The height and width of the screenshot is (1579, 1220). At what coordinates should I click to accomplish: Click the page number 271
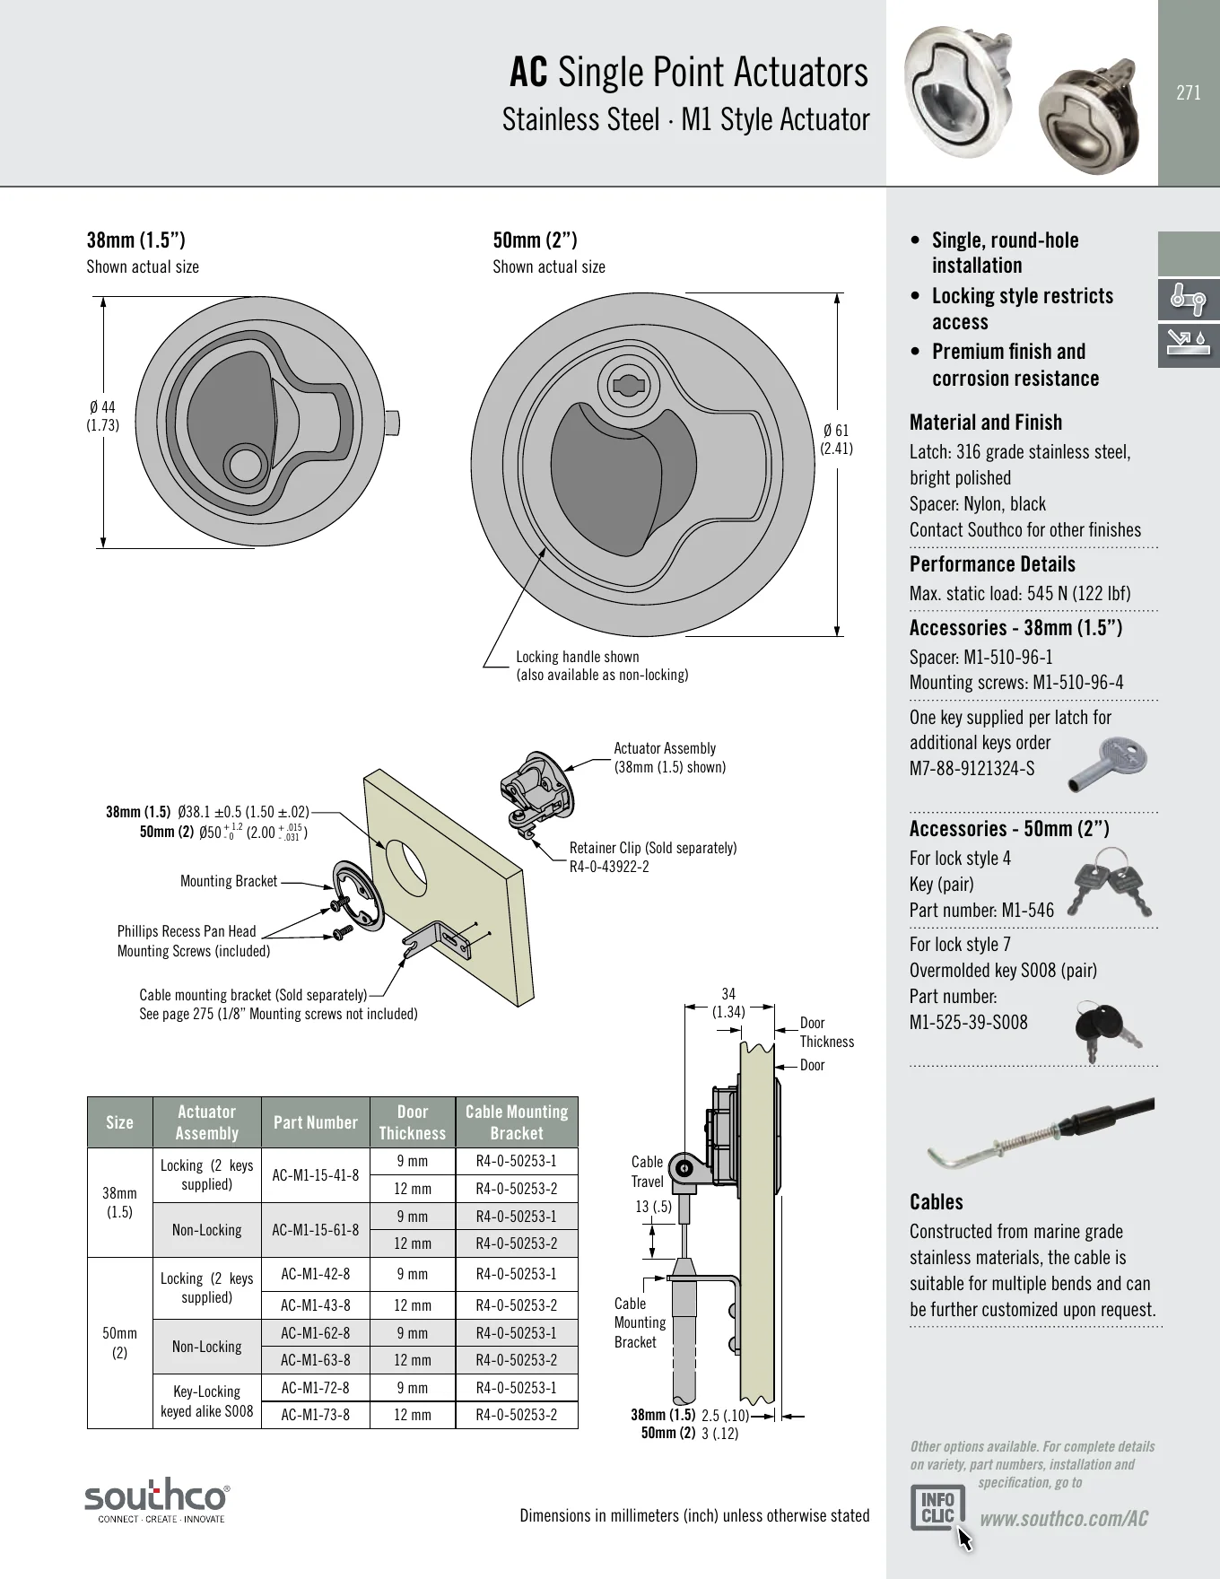1188,92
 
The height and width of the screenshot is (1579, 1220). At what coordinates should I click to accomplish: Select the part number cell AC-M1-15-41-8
316,1175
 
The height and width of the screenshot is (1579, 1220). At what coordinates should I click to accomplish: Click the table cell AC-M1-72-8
316,1388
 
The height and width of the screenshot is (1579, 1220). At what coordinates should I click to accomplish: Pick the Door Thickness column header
413,1122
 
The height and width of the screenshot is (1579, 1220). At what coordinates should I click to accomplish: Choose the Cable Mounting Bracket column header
517,1122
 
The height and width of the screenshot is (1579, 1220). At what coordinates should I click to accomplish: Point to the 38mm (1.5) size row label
119,1202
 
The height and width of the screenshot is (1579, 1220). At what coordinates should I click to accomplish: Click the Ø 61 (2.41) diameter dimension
836,440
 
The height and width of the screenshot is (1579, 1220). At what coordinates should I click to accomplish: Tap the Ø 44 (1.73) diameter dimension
102,417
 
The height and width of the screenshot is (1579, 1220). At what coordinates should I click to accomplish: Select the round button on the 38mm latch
243,465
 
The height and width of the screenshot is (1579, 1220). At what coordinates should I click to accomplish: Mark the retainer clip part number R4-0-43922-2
609,868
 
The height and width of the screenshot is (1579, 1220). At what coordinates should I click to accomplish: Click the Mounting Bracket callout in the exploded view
229,881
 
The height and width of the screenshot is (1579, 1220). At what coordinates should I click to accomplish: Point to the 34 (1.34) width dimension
728,1002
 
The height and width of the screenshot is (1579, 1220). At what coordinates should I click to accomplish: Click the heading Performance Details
992,564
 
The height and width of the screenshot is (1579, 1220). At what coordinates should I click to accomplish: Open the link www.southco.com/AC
1064,1519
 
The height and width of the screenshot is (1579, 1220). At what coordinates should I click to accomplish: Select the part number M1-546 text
1028,911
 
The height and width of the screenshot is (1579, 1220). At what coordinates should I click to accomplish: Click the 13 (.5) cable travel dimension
653,1207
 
